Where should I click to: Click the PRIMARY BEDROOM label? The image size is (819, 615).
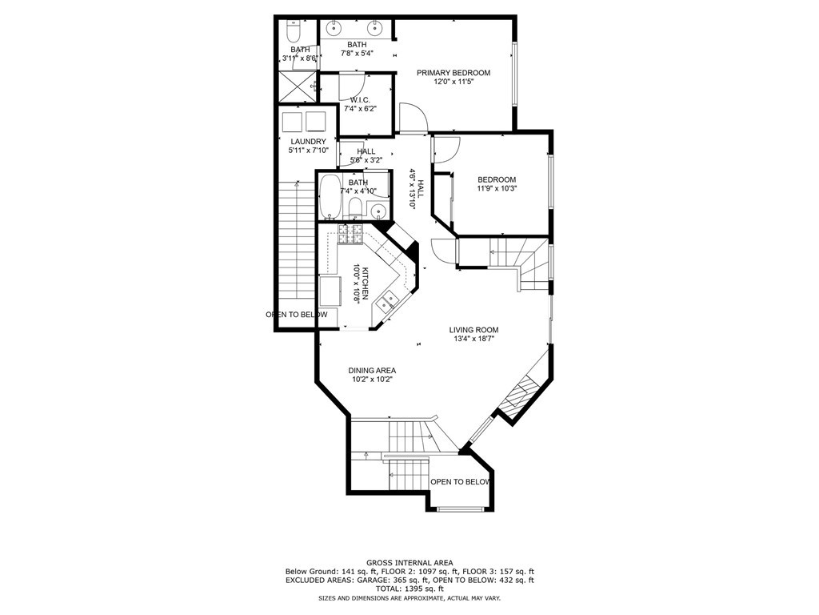[453, 73]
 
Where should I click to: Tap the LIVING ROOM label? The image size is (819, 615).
[473, 330]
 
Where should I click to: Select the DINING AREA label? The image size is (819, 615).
[372, 371]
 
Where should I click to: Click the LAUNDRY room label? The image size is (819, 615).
[308, 141]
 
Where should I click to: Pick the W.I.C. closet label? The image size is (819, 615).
[361, 100]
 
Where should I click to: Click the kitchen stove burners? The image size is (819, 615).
[350, 234]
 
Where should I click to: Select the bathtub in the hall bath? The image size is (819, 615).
[329, 197]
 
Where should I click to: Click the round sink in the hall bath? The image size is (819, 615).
[378, 211]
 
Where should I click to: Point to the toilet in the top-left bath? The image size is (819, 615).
[293, 32]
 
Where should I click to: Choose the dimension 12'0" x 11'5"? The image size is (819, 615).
[453, 82]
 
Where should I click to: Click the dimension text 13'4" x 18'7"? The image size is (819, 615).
[473, 339]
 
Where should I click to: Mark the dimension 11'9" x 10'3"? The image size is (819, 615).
[496, 188]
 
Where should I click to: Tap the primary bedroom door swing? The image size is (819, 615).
[413, 117]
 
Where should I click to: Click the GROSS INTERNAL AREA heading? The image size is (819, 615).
[409, 563]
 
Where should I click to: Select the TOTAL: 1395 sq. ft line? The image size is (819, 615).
[409, 589]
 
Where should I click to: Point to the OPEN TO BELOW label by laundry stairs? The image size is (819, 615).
[297, 314]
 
